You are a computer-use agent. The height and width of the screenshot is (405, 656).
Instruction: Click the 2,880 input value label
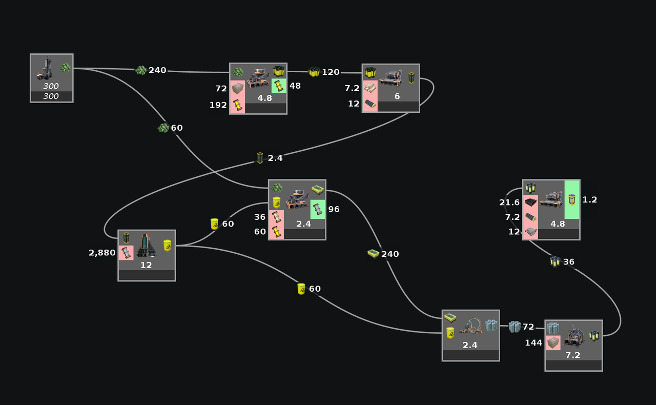[x=102, y=253]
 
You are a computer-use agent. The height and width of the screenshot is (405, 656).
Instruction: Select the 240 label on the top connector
[x=157, y=70]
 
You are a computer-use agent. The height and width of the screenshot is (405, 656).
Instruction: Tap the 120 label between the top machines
[x=331, y=72]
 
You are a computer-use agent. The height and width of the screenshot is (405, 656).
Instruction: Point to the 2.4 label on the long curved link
[x=275, y=158]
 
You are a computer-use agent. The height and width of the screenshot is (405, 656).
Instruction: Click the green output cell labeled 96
[x=318, y=209]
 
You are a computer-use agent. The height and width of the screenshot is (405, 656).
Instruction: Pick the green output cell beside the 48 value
[x=278, y=86]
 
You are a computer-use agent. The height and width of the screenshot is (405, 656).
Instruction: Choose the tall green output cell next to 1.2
[x=572, y=199]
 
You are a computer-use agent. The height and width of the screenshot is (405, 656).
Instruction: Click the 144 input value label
[x=534, y=343]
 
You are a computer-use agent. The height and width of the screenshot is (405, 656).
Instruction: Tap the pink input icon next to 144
[x=553, y=343]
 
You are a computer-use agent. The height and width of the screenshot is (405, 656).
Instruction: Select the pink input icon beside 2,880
[x=126, y=253]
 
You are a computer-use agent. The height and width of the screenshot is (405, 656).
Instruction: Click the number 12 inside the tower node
[x=146, y=265]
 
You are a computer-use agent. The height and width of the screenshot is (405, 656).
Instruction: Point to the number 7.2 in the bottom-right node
[x=572, y=355]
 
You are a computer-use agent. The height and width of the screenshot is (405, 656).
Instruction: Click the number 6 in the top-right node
[x=397, y=96]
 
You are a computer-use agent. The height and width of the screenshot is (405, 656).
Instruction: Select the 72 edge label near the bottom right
[x=528, y=327]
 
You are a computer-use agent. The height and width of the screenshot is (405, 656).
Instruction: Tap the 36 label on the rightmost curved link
[x=568, y=262]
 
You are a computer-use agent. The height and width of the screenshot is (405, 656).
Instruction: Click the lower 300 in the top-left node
[x=51, y=96]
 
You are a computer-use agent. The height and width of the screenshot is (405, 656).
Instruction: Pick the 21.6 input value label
[x=509, y=202]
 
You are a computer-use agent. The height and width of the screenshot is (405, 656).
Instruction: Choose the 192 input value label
[x=218, y=105]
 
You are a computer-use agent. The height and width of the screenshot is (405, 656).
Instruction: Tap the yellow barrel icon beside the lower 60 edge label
[x=301, y=289]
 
